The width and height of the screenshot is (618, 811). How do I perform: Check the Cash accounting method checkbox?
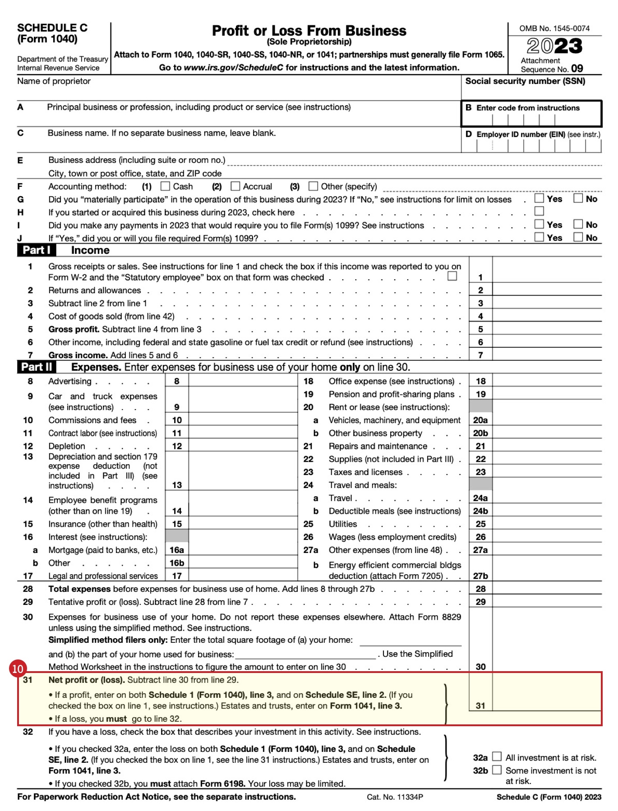pyautogui.click(x=166, y=186)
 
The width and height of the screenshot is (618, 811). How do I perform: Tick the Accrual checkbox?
pyautogui.click(x=235, y=186)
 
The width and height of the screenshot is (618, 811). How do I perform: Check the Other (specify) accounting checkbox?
pyautogui.click(x=313, y=186)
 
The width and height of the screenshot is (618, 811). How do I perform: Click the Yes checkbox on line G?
pyautogui.click(x=539, y=198)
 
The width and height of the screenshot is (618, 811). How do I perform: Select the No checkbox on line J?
pyautogui.click(x=578, y=237)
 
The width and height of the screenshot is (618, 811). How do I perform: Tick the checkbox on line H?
pyautogui.click(x=539, y=211)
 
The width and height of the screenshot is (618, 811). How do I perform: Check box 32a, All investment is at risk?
pyautogui.click(x=497, y=756)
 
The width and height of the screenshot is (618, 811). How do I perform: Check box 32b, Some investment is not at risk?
pyautogui.click(x=497, y=770)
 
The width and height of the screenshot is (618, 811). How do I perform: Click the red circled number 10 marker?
pyautogui.click(x=18, y=668)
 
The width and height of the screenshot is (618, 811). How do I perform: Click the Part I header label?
pyautogui.click(x=36, y=250)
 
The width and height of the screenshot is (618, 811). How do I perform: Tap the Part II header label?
pyautogui.click(x=37, y=367)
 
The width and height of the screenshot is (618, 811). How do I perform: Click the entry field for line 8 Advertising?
pyautogui.click(x=243, y=381)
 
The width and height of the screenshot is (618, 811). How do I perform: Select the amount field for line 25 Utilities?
pyautogui.click(x=547, y=524)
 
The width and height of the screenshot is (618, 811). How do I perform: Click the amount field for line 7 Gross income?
pyautogui.click(x=547, y=355)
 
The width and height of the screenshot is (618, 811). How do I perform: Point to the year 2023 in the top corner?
pyautogui.click(x=554, y=46)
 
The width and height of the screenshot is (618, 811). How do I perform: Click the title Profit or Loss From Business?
pyautogui.click(x=309, y=31)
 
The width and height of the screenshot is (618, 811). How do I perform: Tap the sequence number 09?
pyautogui.click(x=577, y=69)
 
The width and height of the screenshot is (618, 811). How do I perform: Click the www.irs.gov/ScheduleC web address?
pyautogui.click(x=234, y=68)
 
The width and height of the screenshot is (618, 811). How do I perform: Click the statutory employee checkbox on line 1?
pyautogui.click(x=452, y=276)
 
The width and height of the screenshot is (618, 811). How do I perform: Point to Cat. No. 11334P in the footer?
pyautogui.click(x=395, y=797)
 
